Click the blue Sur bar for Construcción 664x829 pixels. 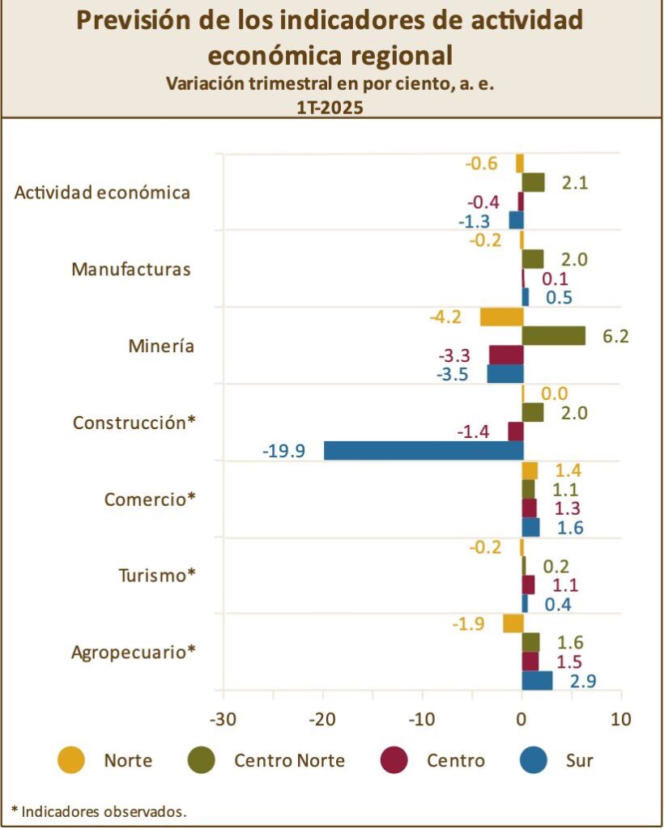click(x=423, y=450)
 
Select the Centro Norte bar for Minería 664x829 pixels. click(x=554, y=335)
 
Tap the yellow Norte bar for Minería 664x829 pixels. click(x=501, y=317)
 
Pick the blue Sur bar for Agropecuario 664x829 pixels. click(x=537, y=681)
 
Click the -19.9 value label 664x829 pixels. click(x=283, y=451)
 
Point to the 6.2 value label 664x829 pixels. click(x=615, y=335)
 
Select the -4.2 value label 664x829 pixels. click(x=445, y=317)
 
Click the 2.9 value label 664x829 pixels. click(x=583, y=681)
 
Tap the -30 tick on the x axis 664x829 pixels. click(x=222, y=718)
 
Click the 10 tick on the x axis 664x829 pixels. click(x=621, y=718)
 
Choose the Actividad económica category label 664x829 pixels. click(x=103, y=193)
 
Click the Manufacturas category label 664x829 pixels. click(x=131, y=269)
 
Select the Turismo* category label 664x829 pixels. click(x=157, y=576)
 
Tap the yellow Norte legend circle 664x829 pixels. click(x=71, y=760)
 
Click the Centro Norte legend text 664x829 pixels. click(x=289, y=760)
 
